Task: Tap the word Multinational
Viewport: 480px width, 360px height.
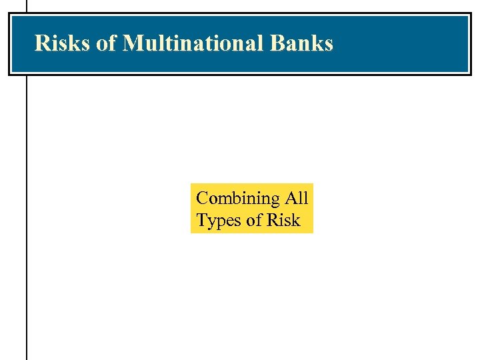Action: (194, 43)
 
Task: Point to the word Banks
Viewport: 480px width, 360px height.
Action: (302, 43)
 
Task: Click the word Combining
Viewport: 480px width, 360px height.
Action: (238, 199)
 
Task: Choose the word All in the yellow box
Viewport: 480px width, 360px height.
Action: (297, 198)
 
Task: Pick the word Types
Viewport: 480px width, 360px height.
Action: (218, 221)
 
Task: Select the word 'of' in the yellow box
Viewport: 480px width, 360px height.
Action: (254, 221)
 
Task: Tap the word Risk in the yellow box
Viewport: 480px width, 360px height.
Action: (283, 221)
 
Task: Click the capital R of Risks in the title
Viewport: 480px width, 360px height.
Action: (41, 43)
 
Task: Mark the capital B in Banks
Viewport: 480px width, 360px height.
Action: (278, 43)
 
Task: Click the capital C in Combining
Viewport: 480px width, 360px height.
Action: (202, 199)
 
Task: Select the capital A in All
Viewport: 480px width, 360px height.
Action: (291, 198)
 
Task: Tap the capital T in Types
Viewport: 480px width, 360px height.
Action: (201, 221)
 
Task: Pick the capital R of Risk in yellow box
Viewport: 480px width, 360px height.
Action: (273, 221)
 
